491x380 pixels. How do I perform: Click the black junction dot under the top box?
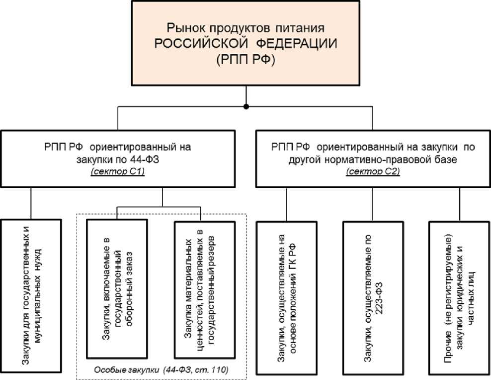[246, 107]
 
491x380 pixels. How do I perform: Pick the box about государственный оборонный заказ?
[117, 289]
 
